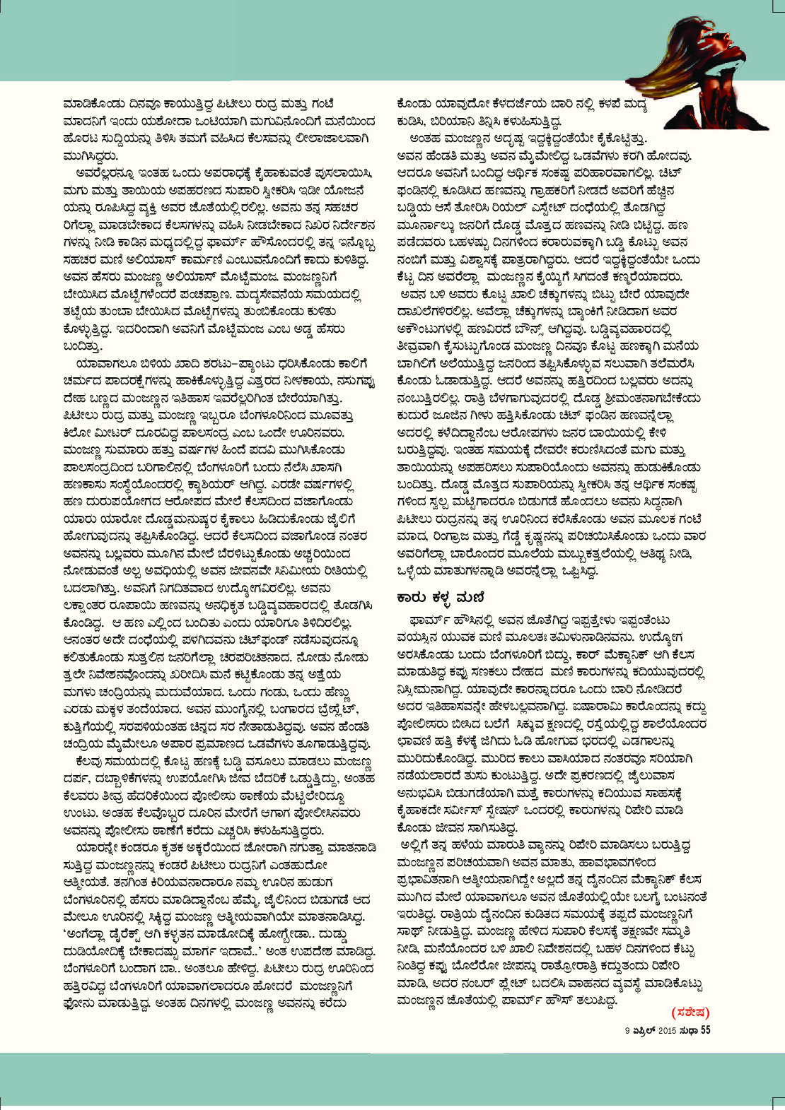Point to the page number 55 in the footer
[705, 1030]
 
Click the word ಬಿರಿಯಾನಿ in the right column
[465, 120]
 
